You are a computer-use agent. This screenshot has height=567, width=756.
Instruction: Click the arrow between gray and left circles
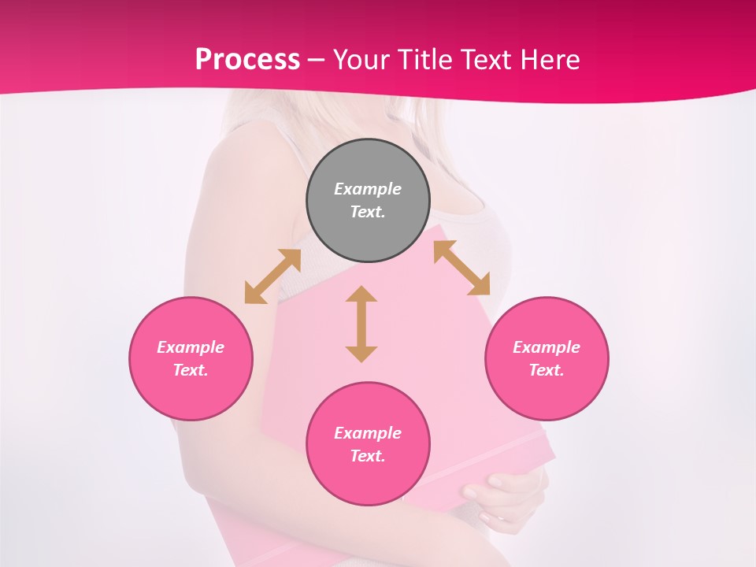(x=272, y=276)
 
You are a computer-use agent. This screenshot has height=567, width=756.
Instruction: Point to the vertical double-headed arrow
(x=361, y=324)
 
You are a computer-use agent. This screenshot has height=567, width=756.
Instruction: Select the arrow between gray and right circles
(x=461, y=268)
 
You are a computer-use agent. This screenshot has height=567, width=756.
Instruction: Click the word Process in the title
(x=247, y=59)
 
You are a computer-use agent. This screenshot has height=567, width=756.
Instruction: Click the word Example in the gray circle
(x=368, y=189)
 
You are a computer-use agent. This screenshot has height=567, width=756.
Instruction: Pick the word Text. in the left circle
(x=191, y=370)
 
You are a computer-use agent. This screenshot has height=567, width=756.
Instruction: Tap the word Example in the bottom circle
(x=368, y=433)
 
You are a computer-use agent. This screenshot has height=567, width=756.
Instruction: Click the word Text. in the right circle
(x=547, y=370)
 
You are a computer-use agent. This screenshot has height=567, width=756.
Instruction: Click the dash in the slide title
(x=317, y=60)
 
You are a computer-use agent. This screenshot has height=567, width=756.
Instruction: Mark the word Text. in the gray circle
(x=368, y=212)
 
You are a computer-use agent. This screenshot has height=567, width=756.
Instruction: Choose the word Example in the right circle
(x=547, y=347)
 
